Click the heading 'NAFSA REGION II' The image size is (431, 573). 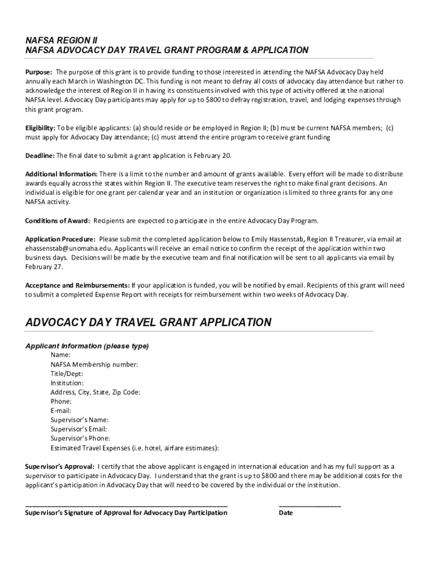pyautogui.click(x=62, y=40)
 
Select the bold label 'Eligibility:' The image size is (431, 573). pyautogui.click(x=40, y=128)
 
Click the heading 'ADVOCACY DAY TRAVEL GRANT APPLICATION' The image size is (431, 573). pyautogui.click(x=148, y=322)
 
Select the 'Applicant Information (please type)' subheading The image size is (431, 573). pyautogui.click(x=87, y=346)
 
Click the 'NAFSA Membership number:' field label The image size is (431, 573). pyautogui.click(x=94, y=364)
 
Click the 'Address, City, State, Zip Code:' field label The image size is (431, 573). pyautogui.click(x=95, y=392)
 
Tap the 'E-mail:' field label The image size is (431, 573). pyautogui.click(x=61, y=411)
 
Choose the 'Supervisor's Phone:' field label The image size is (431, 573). pyautogui.click(x=80, y=438)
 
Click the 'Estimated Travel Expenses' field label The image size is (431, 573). pyautogui.click(x=134, y=448)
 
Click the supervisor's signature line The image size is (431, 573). pyautogui.click(x=127, y=505)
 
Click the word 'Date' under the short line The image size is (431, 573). pyautogui.click(x=285, y=513)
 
